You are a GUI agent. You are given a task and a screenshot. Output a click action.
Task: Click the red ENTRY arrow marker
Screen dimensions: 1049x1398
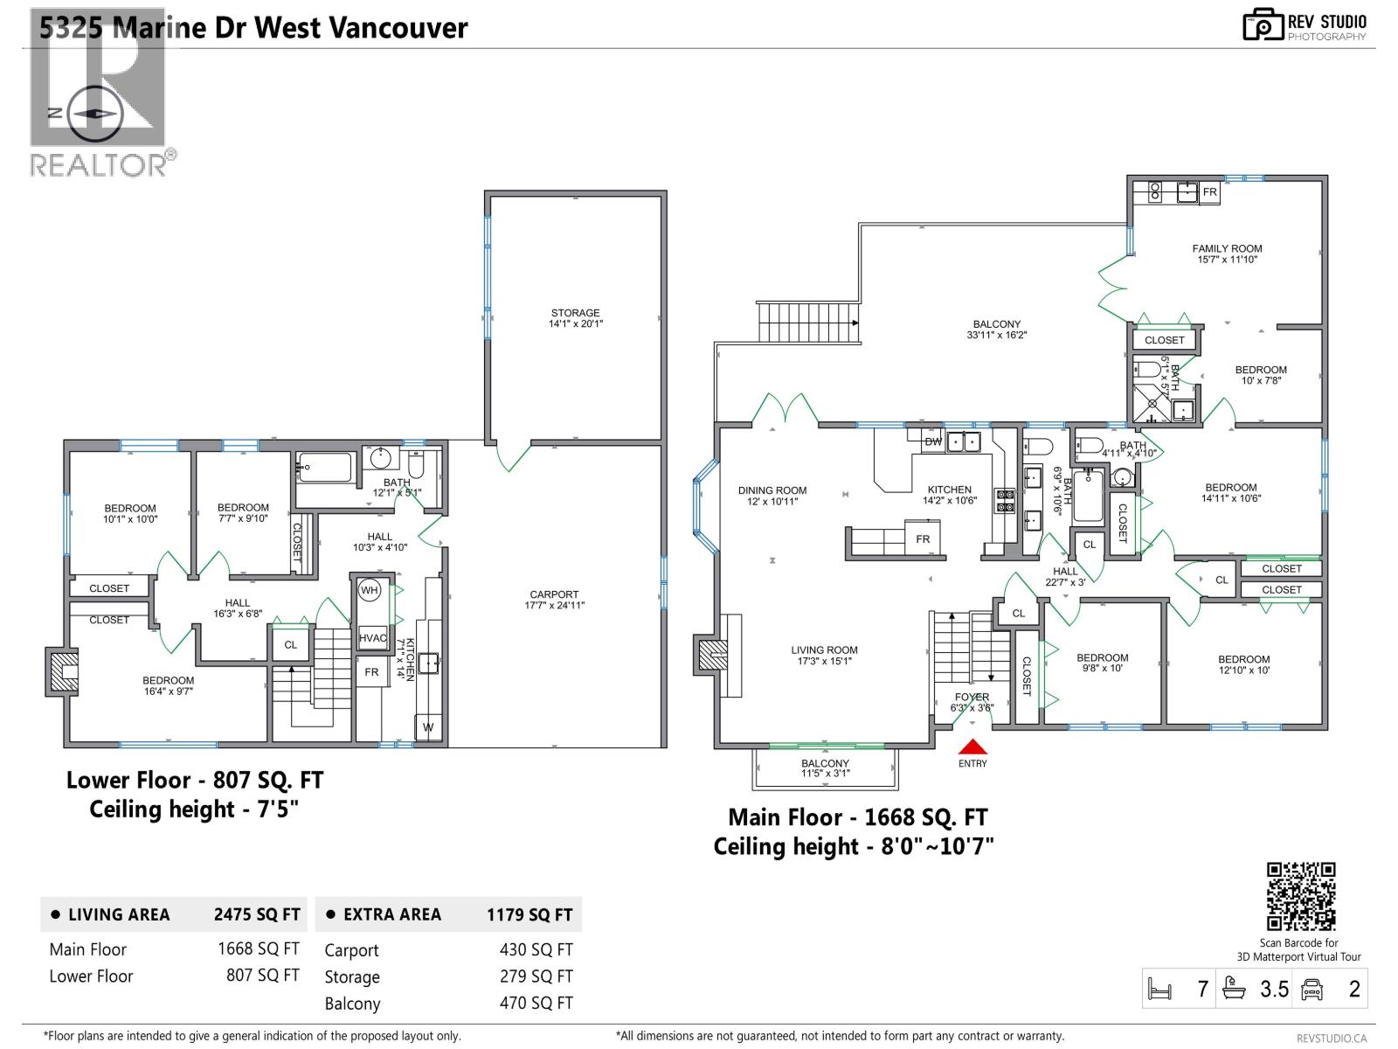[972, 747]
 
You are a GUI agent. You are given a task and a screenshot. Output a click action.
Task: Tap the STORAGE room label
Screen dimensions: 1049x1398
[575, 317]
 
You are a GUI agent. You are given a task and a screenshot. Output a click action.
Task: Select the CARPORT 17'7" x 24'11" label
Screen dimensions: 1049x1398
[554, 600]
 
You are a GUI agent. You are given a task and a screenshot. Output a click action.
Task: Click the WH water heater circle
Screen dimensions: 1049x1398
[370, 590]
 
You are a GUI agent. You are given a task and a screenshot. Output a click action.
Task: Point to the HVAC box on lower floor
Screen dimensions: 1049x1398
[372, 638]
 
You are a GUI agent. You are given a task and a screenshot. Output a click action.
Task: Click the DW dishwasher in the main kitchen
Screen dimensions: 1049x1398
[933, 441]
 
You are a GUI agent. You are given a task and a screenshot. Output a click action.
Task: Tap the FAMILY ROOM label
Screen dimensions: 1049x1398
[1227, 254]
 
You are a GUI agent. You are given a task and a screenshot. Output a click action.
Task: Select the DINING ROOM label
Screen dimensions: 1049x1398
[772, 496]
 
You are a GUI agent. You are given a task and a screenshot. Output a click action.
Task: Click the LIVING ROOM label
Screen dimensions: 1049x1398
[824, 655]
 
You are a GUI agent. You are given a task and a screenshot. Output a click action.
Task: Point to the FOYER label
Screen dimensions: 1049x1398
[972, 702]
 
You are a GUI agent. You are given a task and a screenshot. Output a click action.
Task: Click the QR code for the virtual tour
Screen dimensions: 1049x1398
[1301, 896]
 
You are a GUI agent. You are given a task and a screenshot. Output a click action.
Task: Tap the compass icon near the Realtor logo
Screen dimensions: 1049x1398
[94, 114]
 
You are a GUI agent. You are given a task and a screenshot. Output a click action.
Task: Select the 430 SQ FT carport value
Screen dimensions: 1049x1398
[536, 949]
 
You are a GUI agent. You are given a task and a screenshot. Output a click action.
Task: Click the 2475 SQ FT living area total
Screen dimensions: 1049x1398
[257, 914]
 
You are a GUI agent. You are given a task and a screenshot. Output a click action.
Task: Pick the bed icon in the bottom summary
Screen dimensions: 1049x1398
[1159, 990]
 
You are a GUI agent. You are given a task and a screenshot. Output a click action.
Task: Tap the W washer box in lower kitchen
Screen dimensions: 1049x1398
[428, 726]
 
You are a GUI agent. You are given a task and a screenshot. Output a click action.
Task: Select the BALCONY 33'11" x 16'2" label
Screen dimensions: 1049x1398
[996, 329]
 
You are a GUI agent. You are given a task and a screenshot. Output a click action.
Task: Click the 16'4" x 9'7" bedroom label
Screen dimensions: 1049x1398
[168, 685]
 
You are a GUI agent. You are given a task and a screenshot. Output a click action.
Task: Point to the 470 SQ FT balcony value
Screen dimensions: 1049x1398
[536, 1003]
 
